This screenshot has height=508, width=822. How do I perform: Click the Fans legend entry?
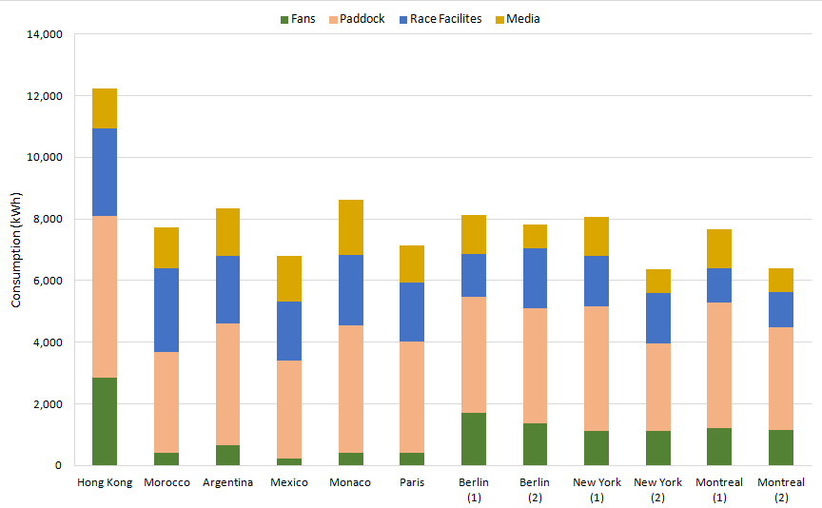coord(298,19)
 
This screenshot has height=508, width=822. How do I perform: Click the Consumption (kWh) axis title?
coord(16,250)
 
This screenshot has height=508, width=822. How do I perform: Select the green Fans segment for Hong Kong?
coord(105,421)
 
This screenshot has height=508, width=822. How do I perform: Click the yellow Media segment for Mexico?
coord(289,279)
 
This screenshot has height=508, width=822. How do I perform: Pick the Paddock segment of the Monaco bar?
coord(351,389)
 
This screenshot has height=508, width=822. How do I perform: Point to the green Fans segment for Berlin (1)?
coord(474,439)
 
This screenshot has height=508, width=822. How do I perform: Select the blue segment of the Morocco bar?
coord(166,310)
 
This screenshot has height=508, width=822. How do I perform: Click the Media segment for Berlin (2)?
coord(536,236)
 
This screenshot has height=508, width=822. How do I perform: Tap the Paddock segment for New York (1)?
coord(597,368)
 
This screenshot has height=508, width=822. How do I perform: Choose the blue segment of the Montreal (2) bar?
coord(781,309)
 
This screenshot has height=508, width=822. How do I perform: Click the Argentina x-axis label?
coord(228,482)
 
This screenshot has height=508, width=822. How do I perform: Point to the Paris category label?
coord(412,482)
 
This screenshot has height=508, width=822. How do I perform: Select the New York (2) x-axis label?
coord(658,489)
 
